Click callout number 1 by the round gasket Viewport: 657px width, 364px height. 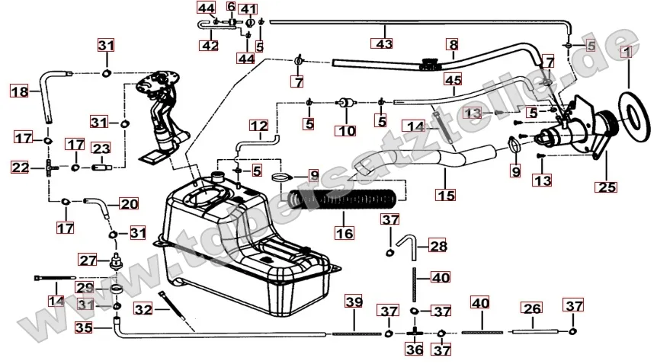coord(625,53)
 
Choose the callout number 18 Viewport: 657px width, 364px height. coord(19,91)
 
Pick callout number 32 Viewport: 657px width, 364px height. coord(143,309)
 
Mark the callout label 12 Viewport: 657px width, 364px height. coord(258,124)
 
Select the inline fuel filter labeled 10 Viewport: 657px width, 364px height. coord(348,101)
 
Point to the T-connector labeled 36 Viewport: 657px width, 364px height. coord(415,333)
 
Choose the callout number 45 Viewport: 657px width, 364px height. coord(453,79)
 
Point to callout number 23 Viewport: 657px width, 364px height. coord(102,148)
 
